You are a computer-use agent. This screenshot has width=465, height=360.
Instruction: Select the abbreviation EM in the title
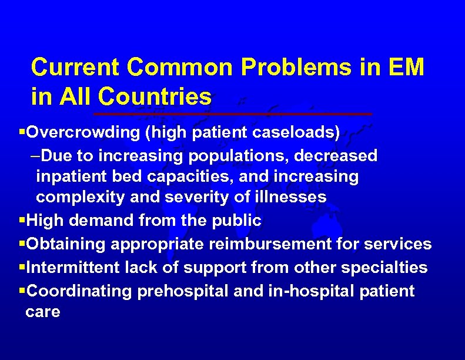(x=406, y=68)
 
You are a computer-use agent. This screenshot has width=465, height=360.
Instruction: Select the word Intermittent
(x=73, y=268)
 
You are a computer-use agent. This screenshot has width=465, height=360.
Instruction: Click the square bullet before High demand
(x=22, y=221)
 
